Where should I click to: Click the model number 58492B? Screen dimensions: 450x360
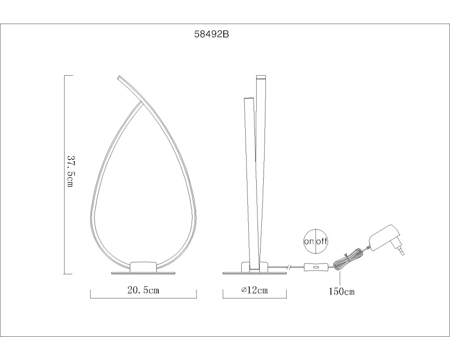point(211,34)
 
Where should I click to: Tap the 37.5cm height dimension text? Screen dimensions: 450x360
point(70,171)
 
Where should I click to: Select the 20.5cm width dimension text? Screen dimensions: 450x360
point(143,290)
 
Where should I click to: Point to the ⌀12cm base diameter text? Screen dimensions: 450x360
point(254,290)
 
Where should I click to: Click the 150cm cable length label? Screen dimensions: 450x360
point(341,292)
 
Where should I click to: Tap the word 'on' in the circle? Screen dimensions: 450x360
point(309,241)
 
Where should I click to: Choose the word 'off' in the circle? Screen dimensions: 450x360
point(321,241)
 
